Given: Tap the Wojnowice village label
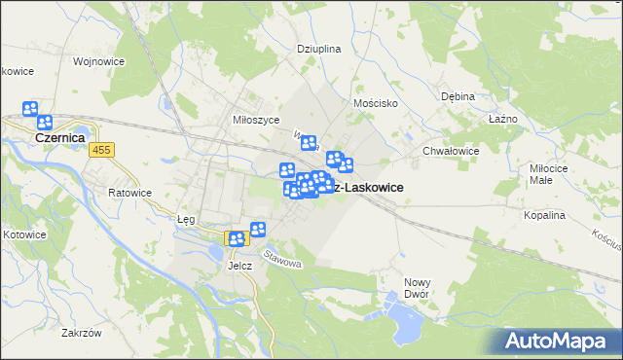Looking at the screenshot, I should click(95, 60).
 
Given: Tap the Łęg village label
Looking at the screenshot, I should click(187, 219).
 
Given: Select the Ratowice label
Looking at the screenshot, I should click(129, 193).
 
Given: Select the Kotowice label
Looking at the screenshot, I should click(23, 234).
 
